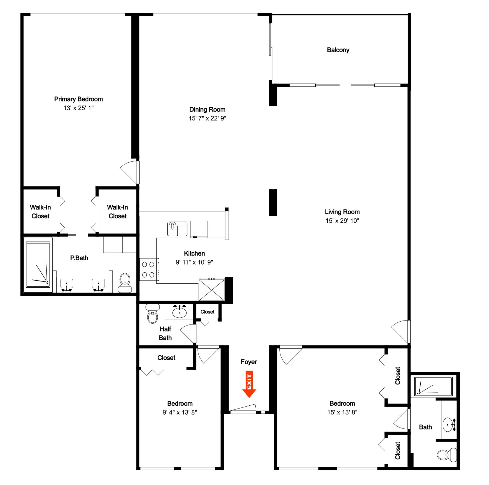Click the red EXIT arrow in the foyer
coord(249,384)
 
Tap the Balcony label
coord(338,50)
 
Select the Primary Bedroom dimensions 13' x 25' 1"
coord(78,108)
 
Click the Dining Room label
coord(207,109)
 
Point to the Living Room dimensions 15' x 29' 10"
coord(342,221)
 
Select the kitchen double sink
coord(177,229)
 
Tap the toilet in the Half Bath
coord(152,313)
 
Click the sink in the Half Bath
coord(179,312)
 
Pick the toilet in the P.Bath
coord(125,283)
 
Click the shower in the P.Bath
coord(38,264)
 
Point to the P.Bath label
coord(79,258)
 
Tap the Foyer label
coord(249,362)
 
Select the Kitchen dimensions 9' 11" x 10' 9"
coord(194,262)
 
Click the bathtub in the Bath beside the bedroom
coord(433,386)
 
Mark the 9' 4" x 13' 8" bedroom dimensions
coord(180,412)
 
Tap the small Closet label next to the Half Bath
coord(207,312)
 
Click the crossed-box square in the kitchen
coord(212,290)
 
